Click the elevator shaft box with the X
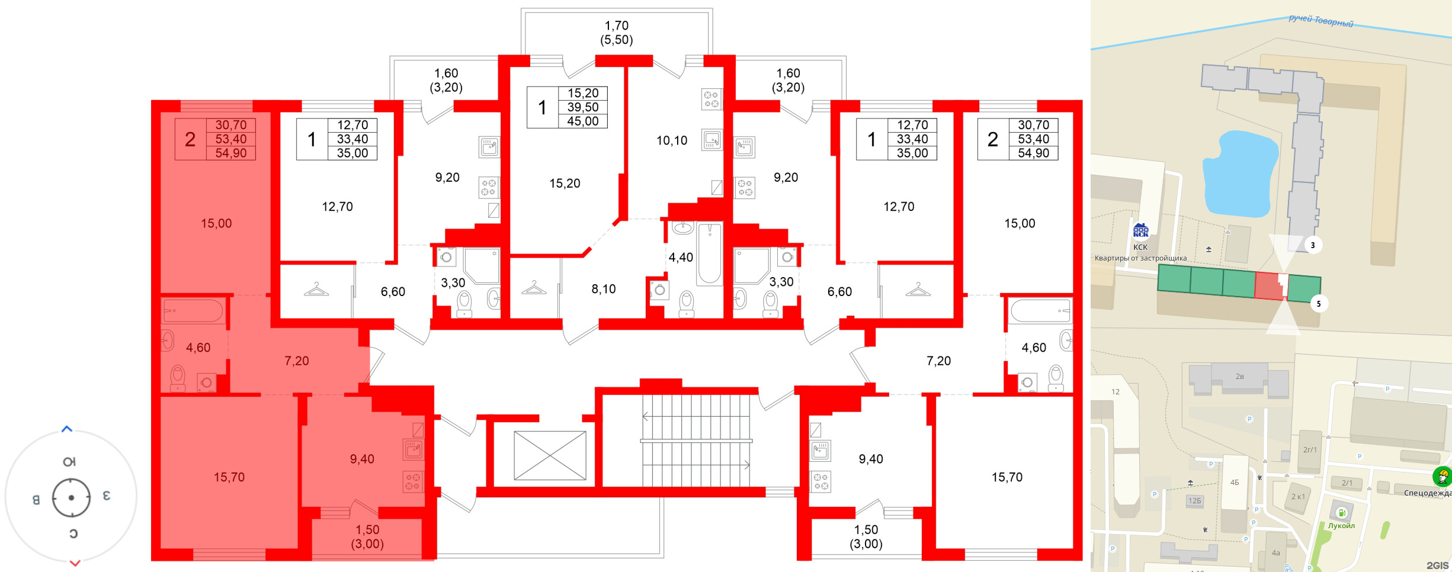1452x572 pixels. coord(550,455)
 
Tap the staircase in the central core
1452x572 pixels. coord(696,441)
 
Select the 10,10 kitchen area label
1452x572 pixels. coord(672,141)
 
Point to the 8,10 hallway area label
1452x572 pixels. coord(604,290)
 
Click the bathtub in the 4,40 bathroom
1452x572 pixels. coord(709,253)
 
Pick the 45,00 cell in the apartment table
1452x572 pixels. coord(583,121)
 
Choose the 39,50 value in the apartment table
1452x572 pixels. coord(583,107)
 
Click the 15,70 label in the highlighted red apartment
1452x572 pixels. coord(229,477)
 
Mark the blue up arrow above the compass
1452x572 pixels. coord(67,429)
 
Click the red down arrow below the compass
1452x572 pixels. coord(75,563)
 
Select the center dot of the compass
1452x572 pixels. coord(71,497)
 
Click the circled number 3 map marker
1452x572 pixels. coord(1313,245)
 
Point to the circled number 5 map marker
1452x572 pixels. coord(1319,304)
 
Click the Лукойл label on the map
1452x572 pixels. coord(1341,526)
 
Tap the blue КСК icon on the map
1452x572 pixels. coord(1140,231)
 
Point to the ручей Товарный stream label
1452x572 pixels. coord(1321,21)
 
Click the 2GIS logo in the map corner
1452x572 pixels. coord(1437,565)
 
